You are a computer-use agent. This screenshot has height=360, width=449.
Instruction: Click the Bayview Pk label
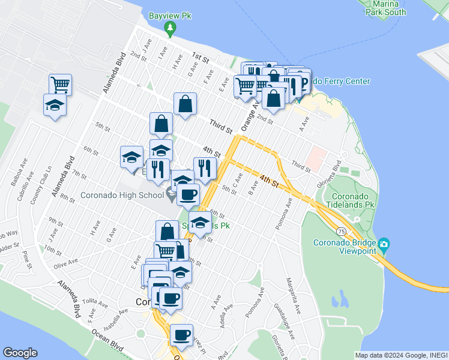click(x=170, y=15)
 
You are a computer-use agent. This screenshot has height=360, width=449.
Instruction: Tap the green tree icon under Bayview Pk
click(x=171, y=27)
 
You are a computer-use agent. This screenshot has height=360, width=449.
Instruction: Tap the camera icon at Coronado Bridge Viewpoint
click(x=384, y=244)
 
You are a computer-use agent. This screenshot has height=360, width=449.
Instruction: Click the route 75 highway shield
click(x=342, y=230)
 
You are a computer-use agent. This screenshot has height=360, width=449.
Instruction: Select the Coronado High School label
click(x=122, y=196)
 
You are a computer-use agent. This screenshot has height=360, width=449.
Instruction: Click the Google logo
click(x=20, y=353)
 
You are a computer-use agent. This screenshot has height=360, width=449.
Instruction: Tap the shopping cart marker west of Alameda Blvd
click(x=60, y=84)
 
